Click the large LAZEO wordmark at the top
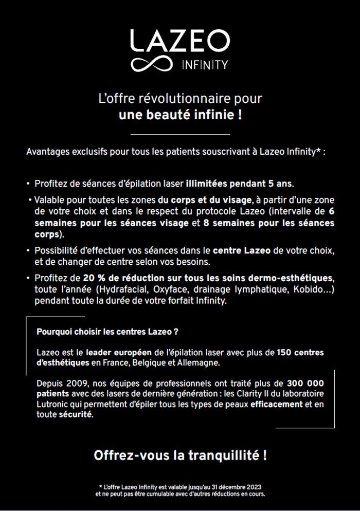click(x=179, y=41)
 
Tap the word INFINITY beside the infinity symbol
click(x=205, y=66)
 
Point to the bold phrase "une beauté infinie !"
click(x=180, y=114)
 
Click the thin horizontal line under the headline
click(x=180, y=135)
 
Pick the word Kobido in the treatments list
click(x=308, y=290)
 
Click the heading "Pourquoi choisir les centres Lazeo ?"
click(x=107, y=332)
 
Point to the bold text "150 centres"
click(x=300, y=353)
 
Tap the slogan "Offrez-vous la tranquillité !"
click(x=180, y=455)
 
